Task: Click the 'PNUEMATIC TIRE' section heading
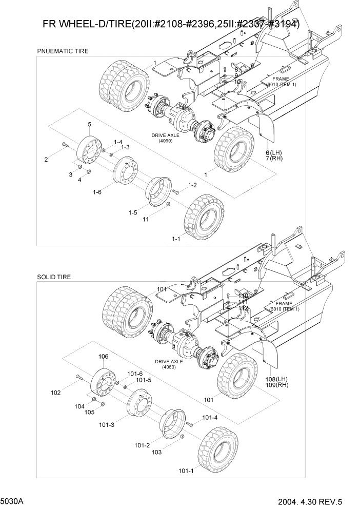[x=63, y=51]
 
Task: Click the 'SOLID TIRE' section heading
[x=54, y=277]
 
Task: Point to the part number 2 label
[x=46, y=160]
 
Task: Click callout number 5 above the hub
[x=89, y=125]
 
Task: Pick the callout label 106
[x=103, y=356]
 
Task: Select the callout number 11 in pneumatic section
[x=146, y=219]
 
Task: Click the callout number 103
[x=157, y=452]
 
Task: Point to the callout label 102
[x=56, y=393]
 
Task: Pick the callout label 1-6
[x=97, y=192]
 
